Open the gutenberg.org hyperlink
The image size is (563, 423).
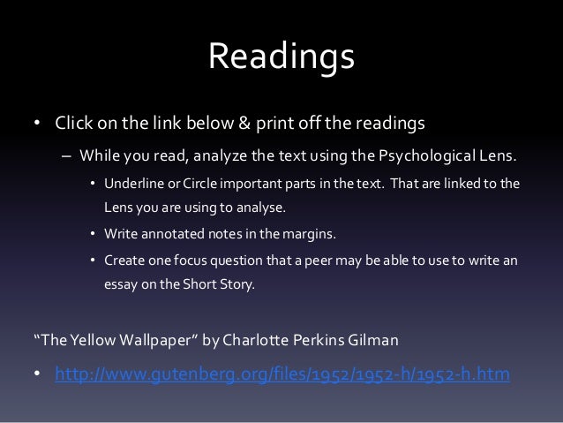(282, 375)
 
